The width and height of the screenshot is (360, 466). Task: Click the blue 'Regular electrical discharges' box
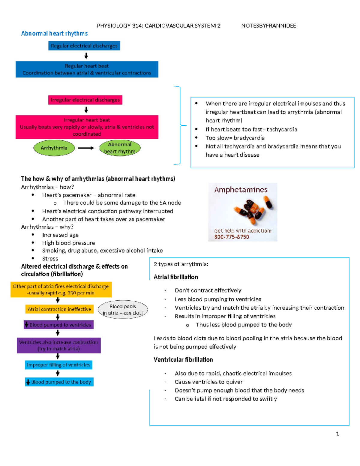(x=84, y=46)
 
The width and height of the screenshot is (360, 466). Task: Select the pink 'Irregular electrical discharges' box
(x=85, y=100)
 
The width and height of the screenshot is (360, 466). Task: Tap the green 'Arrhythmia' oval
(x=54, y=148)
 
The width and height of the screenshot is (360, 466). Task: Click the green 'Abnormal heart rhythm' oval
(x=120, y=148)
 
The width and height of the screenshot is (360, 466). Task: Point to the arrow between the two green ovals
(x=86, y=148)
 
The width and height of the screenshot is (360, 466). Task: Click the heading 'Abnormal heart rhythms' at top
(x=54, y=33)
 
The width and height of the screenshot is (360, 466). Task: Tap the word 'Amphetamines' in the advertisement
(x=241, y=190)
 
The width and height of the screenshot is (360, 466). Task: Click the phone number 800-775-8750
(x=232, y=237)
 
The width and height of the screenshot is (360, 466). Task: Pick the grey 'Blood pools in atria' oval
(x=123, y=310)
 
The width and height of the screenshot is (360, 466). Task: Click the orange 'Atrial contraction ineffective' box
(x=59, y=309)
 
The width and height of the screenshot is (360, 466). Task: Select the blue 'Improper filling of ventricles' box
(x=58, y=365)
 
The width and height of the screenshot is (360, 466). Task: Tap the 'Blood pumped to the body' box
(x=59, y=382)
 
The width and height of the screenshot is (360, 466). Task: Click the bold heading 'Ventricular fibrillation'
(x=183, y=359)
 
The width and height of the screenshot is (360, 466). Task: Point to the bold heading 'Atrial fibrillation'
(x=176, y=277)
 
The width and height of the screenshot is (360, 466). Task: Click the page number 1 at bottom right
(x=337, y=434)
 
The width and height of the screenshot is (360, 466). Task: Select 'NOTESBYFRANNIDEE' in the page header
(x=268, y=26)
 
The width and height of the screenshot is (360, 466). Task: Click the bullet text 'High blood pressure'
(x=68, y=243)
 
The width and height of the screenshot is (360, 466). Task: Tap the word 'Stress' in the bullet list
(x=50, y=259)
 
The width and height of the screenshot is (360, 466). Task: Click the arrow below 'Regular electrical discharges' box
(x=86, y=56)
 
